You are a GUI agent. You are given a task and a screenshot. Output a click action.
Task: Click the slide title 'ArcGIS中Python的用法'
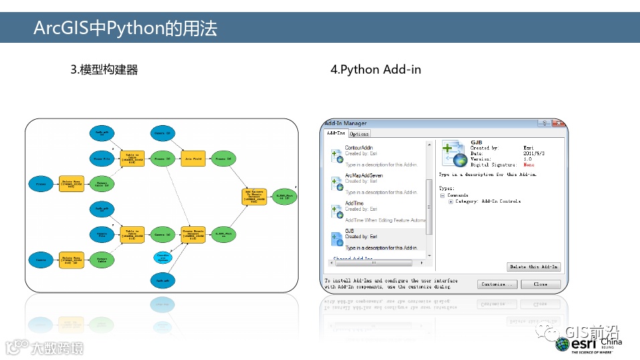click(x=125, y=28)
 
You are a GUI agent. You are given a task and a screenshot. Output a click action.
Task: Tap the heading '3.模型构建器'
click(x=104, y=70)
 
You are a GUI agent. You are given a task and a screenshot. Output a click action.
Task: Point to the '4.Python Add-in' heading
click(x=376, y=70)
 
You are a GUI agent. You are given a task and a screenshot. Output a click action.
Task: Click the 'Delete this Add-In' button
click(x=534, y=266)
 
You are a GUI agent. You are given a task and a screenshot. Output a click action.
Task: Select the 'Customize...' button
click(x=497, y=284)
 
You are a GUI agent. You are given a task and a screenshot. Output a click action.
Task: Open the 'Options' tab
click(x=359, y=134)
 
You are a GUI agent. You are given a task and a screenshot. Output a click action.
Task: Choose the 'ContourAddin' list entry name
click(x=359, y=147)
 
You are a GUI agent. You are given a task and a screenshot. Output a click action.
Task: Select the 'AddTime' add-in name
click(x=354, y=203)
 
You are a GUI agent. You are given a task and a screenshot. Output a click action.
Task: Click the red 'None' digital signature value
click(x=529, y=164)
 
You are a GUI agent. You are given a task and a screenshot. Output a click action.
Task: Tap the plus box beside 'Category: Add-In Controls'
click(x=451, y=201)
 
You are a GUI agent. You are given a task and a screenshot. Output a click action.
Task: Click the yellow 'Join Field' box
click(x=192, y=159)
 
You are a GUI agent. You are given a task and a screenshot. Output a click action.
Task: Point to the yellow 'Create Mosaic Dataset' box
click(x=192, y=234)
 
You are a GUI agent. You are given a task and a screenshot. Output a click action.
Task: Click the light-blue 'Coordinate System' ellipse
click(x=161, y=257)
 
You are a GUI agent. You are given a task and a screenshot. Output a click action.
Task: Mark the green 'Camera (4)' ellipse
click(x=161, y=234)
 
